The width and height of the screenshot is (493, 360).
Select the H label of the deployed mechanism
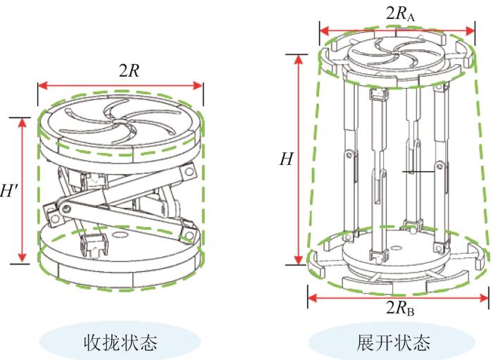[286, 159]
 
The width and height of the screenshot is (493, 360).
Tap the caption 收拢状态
[120, 343]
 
